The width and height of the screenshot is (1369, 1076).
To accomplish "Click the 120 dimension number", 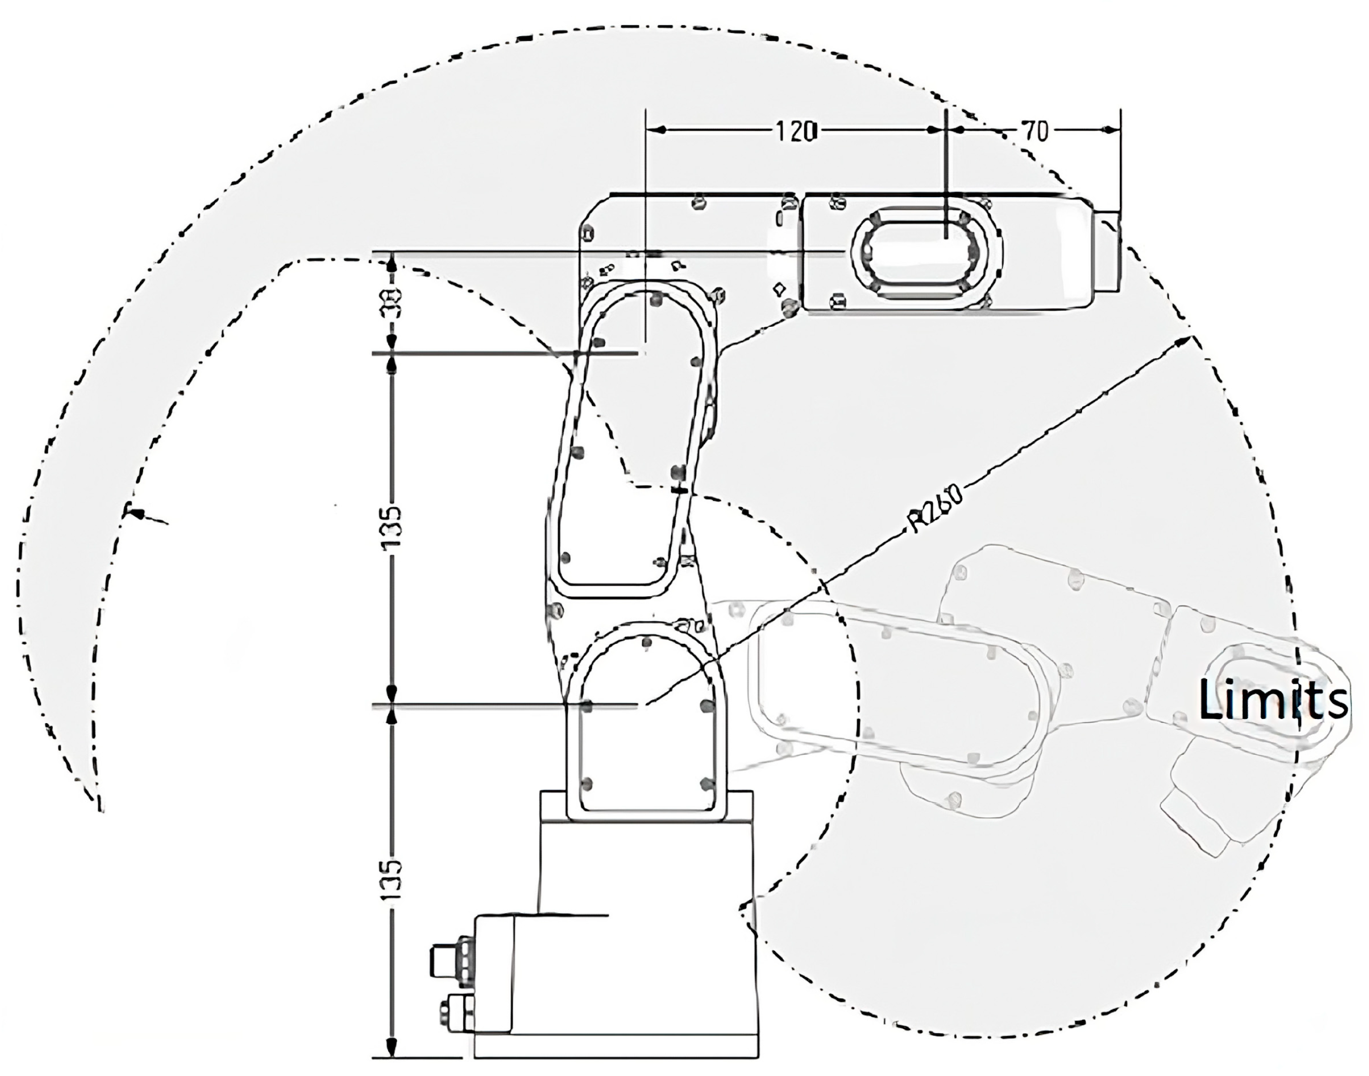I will [795, 132].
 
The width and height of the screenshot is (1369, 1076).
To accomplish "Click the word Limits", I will [1273, 700].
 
